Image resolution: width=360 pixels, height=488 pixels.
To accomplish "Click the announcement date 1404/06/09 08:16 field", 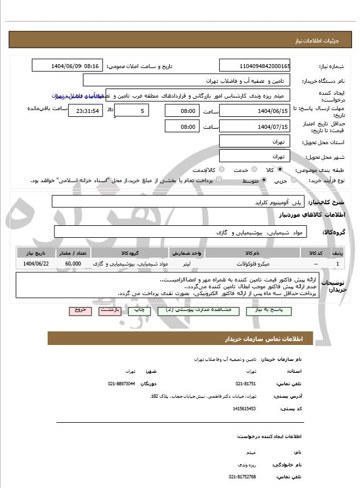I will (68, 66).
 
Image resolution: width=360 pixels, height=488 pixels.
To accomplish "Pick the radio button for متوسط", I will (263, 180).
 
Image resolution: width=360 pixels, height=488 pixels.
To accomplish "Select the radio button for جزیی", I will (294, 180).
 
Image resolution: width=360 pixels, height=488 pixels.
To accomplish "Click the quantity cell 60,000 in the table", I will (73, 264).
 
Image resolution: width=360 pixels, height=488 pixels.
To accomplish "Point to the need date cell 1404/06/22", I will (36, 264).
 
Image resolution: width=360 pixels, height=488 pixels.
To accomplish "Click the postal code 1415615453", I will (245, 409).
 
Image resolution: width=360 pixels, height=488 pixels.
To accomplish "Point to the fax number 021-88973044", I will (122, 384).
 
